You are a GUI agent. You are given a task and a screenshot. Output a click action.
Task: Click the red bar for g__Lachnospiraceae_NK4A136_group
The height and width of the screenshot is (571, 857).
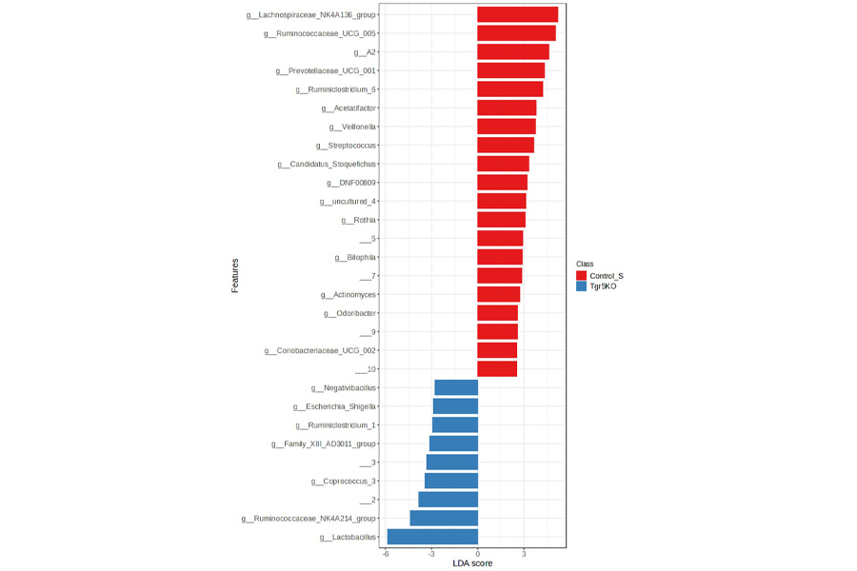pos(517,14)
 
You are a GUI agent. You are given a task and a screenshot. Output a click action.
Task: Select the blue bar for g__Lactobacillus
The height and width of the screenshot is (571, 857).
pos(432,537)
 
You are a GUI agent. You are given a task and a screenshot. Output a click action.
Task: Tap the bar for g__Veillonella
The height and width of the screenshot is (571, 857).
pos(506,127)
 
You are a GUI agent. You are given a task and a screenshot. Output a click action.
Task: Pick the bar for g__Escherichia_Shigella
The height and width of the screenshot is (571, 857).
pos(455,406)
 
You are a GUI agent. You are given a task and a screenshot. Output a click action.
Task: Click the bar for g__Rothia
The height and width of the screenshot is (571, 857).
pos(501,220)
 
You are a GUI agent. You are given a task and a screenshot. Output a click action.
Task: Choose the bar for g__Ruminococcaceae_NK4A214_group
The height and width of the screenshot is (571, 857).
pos(444,519)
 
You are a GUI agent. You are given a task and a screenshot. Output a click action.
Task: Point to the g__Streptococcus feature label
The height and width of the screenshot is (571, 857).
pos(346,146)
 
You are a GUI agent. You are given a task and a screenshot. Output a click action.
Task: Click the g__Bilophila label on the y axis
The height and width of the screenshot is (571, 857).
pos(355,257)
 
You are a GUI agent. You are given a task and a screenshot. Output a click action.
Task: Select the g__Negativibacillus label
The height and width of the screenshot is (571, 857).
pos(344,388)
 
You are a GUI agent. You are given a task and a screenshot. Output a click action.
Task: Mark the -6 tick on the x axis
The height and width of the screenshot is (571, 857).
pos(386,553)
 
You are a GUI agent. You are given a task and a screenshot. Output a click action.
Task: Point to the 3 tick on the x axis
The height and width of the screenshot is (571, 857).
pos(524,553)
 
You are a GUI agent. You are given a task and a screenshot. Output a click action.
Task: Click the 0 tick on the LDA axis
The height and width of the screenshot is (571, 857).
pos(477,553)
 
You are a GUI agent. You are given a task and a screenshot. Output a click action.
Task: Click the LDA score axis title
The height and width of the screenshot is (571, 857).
pos(472,564)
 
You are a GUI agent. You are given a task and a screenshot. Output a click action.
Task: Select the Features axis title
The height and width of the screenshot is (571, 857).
pos(235,275)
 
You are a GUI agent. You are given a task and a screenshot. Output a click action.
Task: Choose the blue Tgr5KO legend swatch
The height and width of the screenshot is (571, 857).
pos(582,285)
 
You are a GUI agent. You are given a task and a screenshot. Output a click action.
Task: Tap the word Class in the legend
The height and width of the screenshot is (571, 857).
pos(585,264)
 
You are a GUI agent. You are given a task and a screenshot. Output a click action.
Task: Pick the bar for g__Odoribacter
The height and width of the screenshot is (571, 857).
pos(497,313)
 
